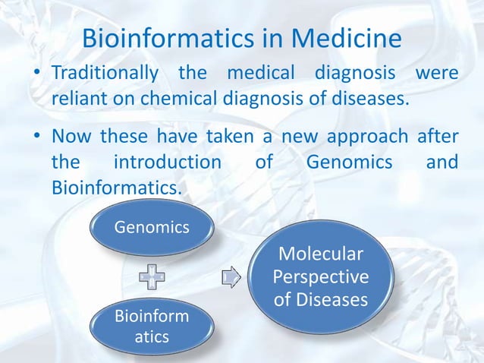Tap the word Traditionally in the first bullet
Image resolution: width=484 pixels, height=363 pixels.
105,76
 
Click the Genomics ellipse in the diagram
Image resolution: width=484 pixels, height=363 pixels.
152,227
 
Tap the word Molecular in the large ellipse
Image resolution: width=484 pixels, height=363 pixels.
320,253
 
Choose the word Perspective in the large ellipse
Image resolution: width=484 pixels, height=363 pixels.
320,276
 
